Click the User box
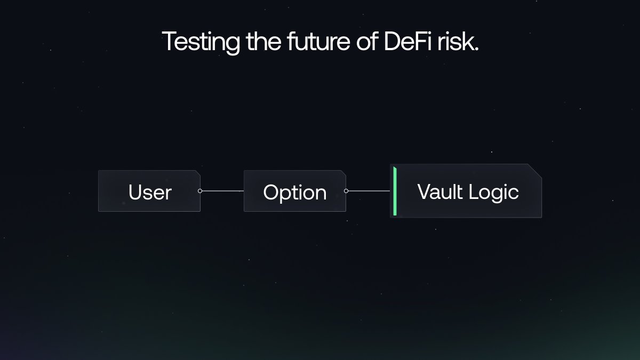[x=149, y=191]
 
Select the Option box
[x=294, y=191]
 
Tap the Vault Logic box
[x=467, y=191]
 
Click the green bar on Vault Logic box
[x=395, y=191]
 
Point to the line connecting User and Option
[x=222, y=190]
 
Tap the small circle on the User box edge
[x=200, y=190]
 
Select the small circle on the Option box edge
[x=346, y=190]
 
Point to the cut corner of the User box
[x=197, y=174]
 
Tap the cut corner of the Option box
[x=342, y=174]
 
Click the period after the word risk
[x=476, y=49]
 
